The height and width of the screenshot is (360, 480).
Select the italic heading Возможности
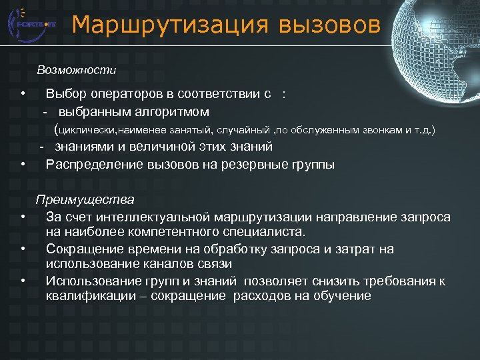tap(77, 70)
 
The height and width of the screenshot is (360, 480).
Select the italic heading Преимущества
tap(85, 199)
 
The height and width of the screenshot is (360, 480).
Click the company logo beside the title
tap(30, 24)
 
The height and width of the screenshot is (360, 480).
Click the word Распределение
tap(91, 164)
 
